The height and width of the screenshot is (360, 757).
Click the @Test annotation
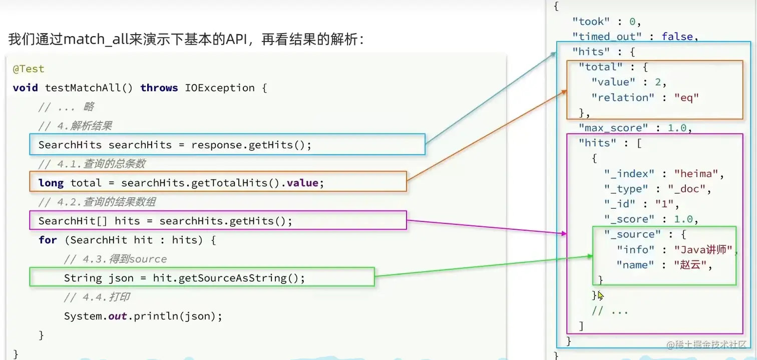29,69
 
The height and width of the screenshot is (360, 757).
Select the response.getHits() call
244,145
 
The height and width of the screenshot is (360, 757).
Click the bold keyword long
51,183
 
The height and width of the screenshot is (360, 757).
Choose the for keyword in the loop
48,240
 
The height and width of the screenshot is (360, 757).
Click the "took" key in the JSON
591,21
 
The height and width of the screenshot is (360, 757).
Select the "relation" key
622,98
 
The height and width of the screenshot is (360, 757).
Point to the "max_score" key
614,128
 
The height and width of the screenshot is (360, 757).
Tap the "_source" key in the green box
629,234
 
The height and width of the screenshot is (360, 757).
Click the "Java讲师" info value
703,249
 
